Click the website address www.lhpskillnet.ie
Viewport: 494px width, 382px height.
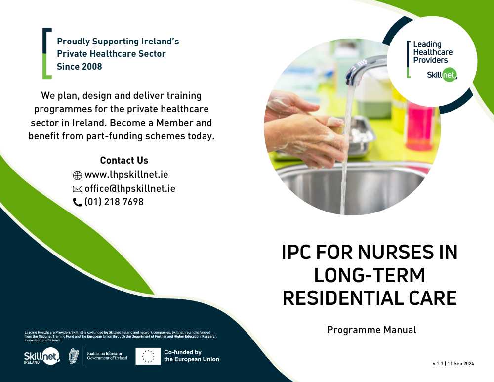point(126,175)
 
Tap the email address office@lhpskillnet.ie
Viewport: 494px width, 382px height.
point(130,188)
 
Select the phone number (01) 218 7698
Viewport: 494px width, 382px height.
point(114,202)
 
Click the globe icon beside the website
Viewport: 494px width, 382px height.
point(78,175)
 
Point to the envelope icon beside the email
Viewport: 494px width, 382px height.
point(78,189)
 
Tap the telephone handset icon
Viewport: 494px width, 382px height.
point(78,202)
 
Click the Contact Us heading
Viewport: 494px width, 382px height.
point(124,161)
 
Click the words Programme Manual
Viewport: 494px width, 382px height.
point(372,330)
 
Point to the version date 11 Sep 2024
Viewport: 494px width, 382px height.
point(460,364)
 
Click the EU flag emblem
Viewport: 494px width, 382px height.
point(148,356)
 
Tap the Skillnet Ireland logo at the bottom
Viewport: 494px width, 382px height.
point(41,356)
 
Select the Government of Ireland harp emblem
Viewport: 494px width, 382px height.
point(74,356)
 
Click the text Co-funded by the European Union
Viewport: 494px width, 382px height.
point(192,356)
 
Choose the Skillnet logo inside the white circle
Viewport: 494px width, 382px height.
point(442,75)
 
